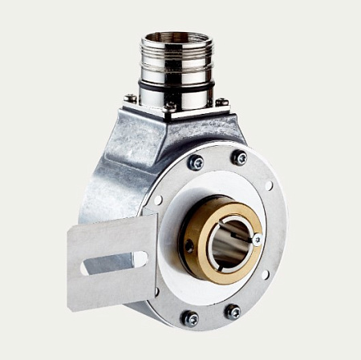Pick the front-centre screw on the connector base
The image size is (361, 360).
point(170,106)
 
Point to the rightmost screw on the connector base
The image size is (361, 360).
point(221,102)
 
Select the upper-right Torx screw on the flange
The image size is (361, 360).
point(239,158)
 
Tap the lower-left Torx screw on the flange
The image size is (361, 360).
point(190,318)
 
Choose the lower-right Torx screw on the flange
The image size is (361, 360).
point(233,310)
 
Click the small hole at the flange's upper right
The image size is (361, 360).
point(269,186)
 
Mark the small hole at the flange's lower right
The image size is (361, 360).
point(266,273)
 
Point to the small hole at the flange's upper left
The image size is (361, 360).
point(158,200)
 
